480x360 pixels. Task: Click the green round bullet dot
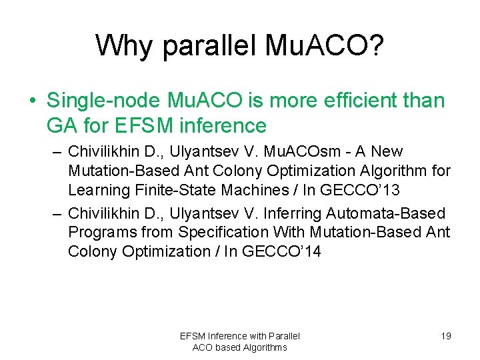33,101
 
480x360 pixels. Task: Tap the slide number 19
445,336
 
